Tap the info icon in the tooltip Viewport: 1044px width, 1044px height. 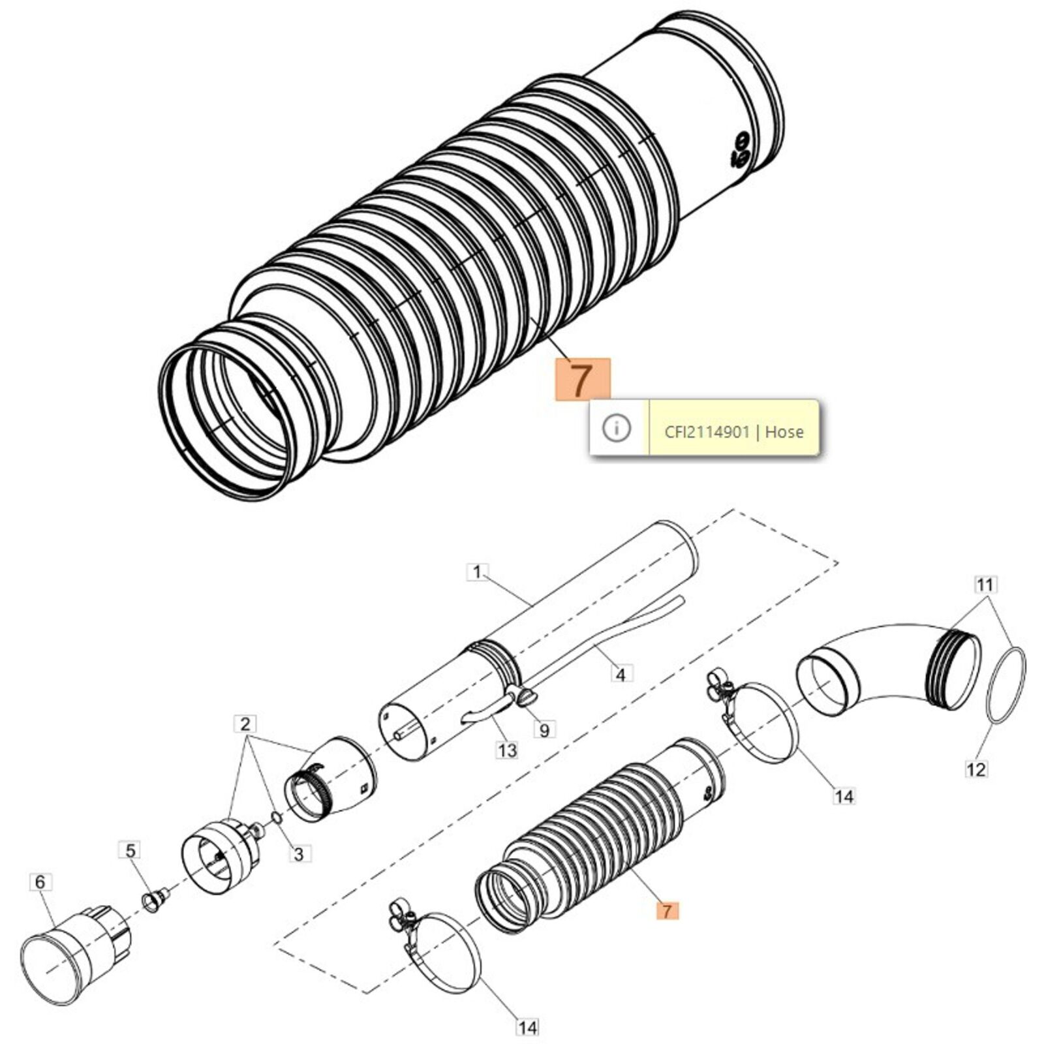click(617, 428)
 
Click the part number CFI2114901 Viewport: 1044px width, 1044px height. click(707, 431)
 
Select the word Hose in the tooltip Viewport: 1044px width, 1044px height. click(784, 431)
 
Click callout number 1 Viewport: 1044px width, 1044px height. click(478, 572)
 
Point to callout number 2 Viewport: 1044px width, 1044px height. click(245, 724)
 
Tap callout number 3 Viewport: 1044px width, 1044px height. click(299, 853)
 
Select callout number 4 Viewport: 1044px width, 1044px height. click(621, 674)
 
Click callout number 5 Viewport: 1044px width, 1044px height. click(130, 851)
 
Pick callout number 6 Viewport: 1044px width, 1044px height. click(40, 882)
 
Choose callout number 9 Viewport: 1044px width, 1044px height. click(544, 729)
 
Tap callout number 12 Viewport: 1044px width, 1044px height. click(976, 769)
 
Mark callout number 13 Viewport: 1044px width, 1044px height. click(507, 750)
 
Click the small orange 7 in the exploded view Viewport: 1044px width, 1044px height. click(667, 910)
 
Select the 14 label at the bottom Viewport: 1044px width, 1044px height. click(527, 1028)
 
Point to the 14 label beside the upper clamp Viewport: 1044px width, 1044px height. click(844, 796)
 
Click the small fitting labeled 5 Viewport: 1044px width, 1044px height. click(154, 901)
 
